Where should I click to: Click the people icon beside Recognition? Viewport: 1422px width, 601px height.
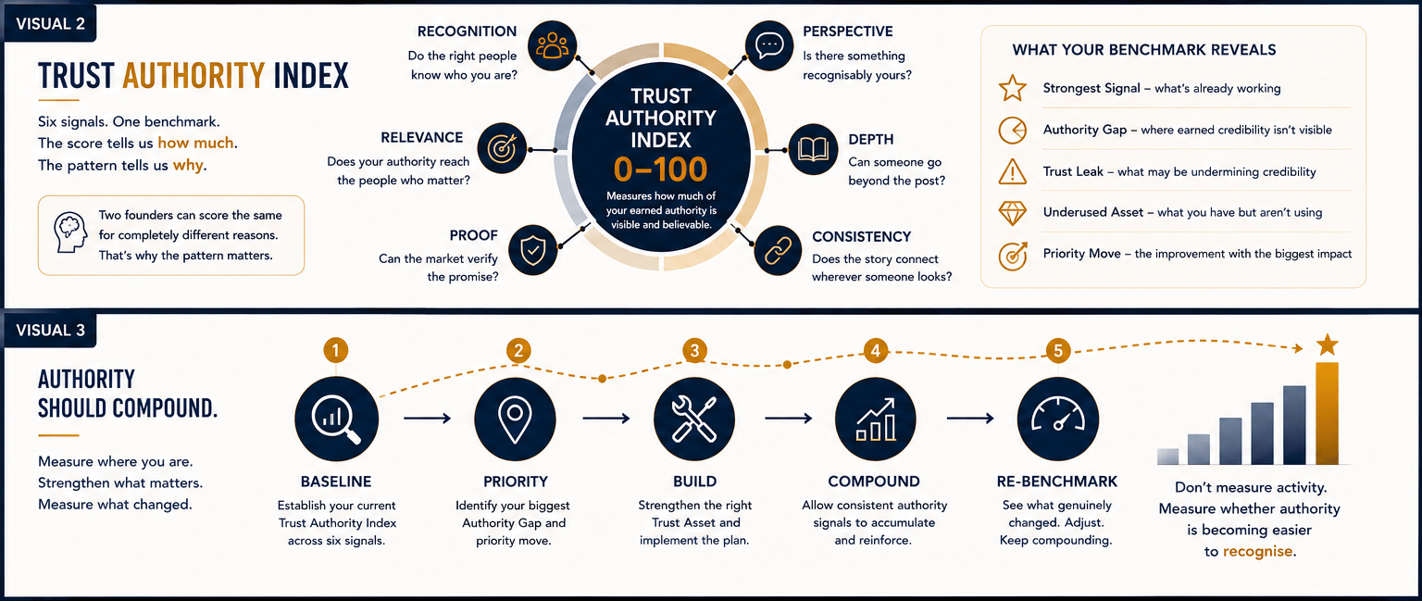(x=553, y=45)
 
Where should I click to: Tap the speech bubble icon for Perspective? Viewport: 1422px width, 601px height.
(x=769, y=45)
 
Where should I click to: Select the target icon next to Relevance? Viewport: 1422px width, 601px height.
(x=502, y=148)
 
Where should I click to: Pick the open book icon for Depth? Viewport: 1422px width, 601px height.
(x=813, y=149)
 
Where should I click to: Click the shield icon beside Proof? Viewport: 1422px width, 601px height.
(x=532, y=250)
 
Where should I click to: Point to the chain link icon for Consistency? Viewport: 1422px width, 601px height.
(x=778, y=251)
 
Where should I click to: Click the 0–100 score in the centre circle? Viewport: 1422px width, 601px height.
(x=660, y=169)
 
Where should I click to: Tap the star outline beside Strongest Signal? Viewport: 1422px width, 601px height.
(x=1013, y=88)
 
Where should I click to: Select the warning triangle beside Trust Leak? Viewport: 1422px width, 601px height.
(x=1013, y=171)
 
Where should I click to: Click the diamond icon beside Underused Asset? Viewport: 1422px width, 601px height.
(x=1013, y=213)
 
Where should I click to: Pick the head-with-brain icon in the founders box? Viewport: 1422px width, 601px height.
(x=69, y=233)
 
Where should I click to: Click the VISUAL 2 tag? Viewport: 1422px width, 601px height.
(x=50, y=24)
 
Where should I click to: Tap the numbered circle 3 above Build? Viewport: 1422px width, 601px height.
(x=694, y=350)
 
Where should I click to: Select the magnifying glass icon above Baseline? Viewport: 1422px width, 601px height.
(x=336, y=419)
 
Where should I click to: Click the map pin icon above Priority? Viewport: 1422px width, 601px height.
(x=515, y=419)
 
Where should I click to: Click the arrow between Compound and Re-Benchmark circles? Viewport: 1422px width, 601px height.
(x=970, y=418)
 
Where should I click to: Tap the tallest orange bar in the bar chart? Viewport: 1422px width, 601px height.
(x=1327, y=413)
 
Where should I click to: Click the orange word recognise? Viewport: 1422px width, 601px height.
(x=1257, y=551)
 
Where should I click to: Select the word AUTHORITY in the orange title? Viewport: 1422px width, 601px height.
(x=193, y=76)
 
